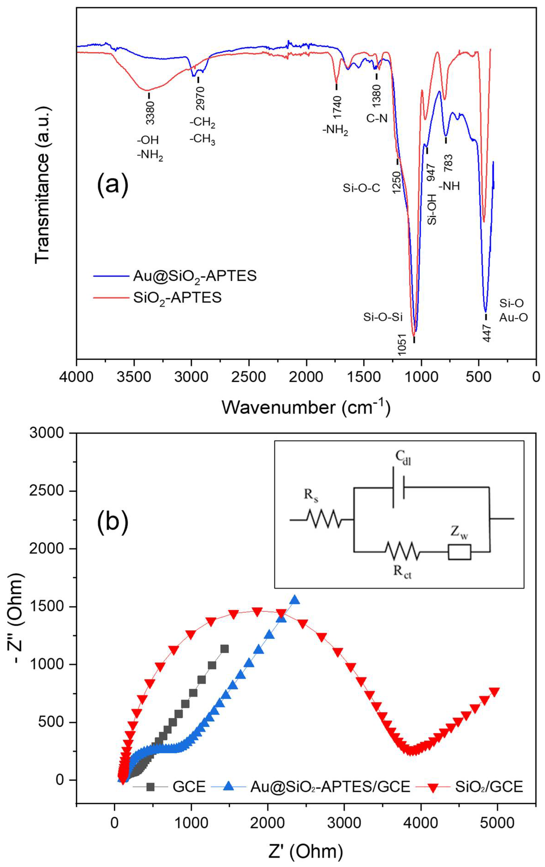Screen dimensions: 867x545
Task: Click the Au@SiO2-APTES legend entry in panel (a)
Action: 194,276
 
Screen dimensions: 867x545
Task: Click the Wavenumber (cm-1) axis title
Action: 306,407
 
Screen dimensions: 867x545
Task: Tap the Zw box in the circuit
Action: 459,552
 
